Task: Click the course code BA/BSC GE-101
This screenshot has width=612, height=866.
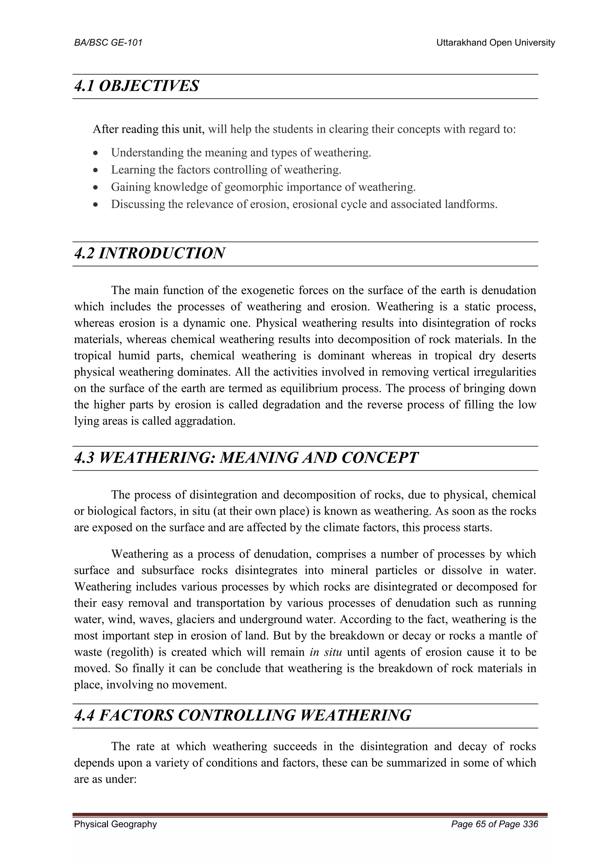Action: point(108,43)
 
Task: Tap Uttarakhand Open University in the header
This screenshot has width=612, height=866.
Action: point(495,43)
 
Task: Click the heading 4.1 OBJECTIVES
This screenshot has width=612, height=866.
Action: point(137,86)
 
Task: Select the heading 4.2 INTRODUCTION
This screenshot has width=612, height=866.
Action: point(150,253)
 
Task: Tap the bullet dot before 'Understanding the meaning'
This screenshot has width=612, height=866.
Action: point(97,153)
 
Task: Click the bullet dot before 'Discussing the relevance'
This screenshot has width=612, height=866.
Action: point(97,205)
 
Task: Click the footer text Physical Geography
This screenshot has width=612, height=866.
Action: point(115,824)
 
